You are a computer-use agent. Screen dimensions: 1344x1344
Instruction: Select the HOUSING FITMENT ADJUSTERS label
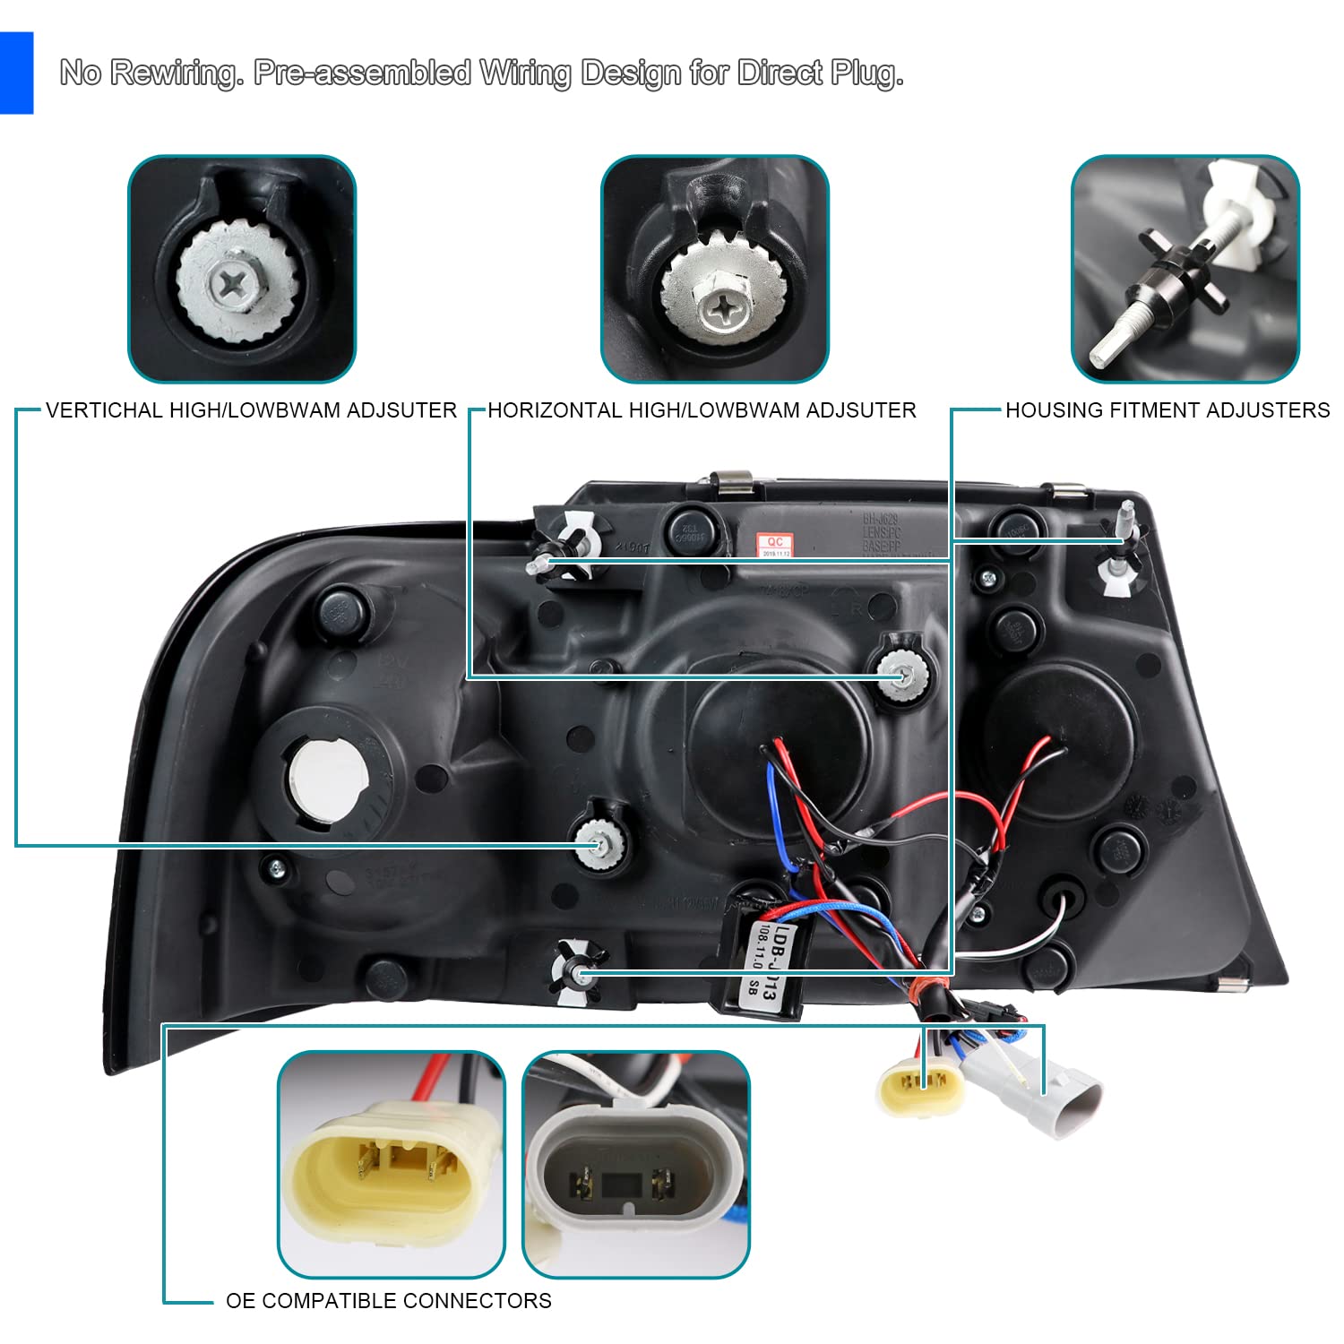point(1167,410)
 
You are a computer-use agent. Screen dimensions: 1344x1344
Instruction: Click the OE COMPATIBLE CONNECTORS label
point(388,1301)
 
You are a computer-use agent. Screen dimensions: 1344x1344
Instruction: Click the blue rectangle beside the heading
point(16,73)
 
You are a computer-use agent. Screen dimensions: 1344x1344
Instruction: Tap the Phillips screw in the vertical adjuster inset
point(237,285)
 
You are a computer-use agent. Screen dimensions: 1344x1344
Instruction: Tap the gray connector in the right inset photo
point(629,1176)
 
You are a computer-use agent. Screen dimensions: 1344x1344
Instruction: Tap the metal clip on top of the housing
point(732,484)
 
